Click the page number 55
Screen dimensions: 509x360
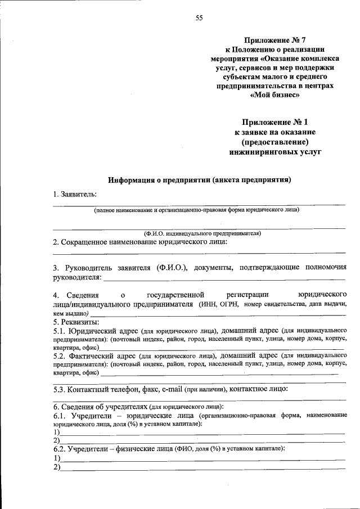(x=199, y=17)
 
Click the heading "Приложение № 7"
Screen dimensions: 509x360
(x=274, y=40)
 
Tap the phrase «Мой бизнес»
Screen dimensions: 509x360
(x=274, y=95)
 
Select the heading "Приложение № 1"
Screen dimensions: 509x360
(x=276, y=122)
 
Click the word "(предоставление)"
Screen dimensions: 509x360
(x=275, y=142)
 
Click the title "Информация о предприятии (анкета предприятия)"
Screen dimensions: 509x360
(x=200, y=181)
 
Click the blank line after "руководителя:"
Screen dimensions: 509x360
(x=225, y=278)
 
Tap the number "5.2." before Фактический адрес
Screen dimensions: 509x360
(x=60, y=356)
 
